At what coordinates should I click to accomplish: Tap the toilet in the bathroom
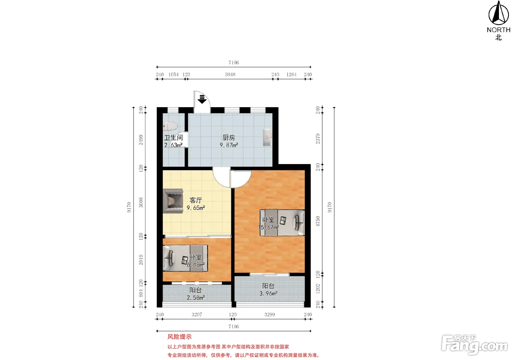(170, 126)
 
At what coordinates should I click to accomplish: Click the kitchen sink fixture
(267, 137)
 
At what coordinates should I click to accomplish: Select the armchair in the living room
(173, 201)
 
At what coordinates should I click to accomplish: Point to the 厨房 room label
(229, 138)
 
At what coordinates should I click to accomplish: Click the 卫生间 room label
(173, 138)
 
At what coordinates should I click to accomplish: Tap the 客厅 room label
(196, 200)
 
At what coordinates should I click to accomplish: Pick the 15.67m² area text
(268, 227)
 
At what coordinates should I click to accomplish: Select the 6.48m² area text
(196, 265)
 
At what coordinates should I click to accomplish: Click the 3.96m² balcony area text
(268, 293)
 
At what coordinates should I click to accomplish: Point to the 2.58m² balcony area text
(196, 298)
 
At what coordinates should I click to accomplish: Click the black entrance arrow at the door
(202, 99)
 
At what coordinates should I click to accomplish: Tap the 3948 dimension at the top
(230, 74)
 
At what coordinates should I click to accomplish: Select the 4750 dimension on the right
(318, 221)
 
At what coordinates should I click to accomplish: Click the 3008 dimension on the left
(141, 203)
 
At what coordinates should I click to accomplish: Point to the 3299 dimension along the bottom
(269, 314)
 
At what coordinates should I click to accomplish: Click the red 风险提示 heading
(180, 337)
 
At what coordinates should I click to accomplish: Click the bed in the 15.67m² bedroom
(282, 222)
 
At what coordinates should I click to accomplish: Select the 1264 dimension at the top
(292, 74)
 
